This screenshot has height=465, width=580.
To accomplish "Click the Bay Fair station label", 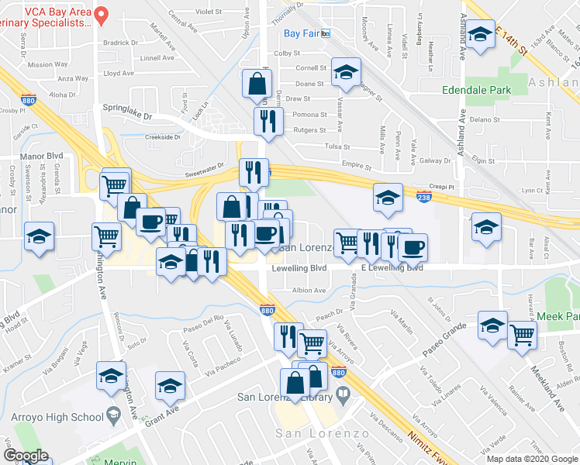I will (x=301, y=33).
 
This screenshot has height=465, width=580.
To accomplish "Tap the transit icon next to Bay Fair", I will (x=326, y=33).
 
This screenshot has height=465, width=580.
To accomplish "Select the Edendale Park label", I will (x=476, y=90).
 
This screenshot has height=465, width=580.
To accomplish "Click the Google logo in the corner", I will (x=26, y=456).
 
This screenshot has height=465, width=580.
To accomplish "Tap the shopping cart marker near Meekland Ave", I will (x=523, y=336).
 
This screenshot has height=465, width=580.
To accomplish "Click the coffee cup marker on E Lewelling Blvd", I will (x=413, y=247).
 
